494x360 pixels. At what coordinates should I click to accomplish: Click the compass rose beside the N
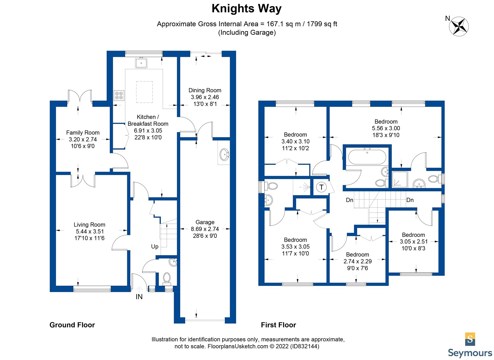point(459,26)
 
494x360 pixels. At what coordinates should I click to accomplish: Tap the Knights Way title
point(246,9)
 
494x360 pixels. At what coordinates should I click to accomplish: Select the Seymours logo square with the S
point(470,339)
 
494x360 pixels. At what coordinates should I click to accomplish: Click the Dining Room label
point(205,90)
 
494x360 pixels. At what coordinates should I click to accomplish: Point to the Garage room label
point(205,222)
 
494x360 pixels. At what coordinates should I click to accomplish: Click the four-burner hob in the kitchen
point(119,95)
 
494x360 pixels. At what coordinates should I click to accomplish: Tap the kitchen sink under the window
point(141,63)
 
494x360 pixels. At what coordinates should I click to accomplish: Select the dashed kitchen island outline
point(144,92)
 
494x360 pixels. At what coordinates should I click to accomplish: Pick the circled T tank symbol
point(321,187)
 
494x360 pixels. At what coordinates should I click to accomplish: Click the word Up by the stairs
point(155,247)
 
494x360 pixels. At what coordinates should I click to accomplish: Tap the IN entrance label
point(139,297)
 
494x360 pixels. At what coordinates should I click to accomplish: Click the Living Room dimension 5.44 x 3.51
point(90,231)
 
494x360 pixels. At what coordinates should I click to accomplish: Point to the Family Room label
point(83,133)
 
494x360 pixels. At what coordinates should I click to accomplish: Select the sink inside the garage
point(224,155)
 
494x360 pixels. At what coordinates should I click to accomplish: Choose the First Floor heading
point(279,325)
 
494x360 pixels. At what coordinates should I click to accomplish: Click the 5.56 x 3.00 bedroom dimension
point(386,128)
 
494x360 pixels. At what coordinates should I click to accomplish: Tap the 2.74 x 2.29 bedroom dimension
point(358,261)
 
